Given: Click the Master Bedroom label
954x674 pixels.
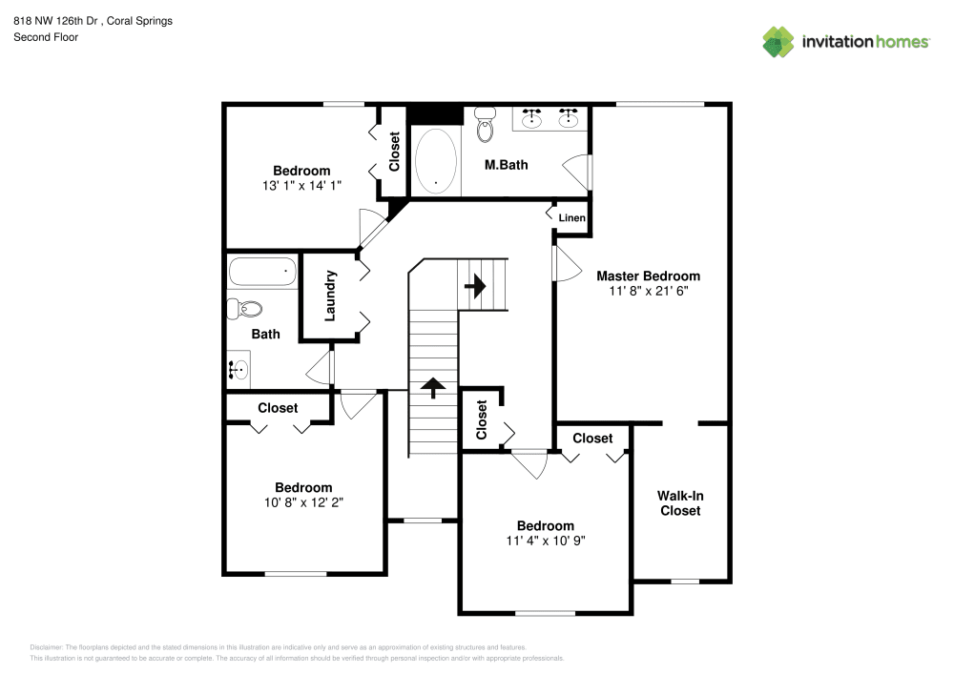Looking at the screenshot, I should [x=648, y=276].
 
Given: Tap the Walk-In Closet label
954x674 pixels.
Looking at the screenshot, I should [x=679, y=503].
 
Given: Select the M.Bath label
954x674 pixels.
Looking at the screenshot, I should [x=506, y=165].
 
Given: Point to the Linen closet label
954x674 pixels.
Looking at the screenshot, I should [x=571, y=218].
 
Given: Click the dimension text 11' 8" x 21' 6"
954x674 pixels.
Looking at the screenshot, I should [x=648, y=292].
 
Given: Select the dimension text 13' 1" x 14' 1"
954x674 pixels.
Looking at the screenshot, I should [x=301, y=185].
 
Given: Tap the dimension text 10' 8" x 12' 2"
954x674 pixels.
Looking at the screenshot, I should [x=303, y=502].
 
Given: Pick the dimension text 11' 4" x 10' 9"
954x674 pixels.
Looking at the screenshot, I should [x=546, y=541].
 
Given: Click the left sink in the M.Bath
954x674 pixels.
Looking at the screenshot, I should [x=532, y=118].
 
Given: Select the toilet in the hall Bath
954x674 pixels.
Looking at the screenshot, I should [x=244, y=309].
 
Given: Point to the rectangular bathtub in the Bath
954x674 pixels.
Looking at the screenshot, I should [x=262, y=273].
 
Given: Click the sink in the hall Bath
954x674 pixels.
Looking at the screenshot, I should [x=238, y=368].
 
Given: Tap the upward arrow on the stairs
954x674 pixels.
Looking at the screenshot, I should [x=432, y=387].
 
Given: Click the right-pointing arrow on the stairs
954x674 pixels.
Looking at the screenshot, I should [x=474, y=284].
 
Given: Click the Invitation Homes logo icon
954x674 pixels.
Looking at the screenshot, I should [x=778, y=41].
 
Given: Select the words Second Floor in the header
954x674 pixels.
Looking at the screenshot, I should [x=46, y=37].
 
